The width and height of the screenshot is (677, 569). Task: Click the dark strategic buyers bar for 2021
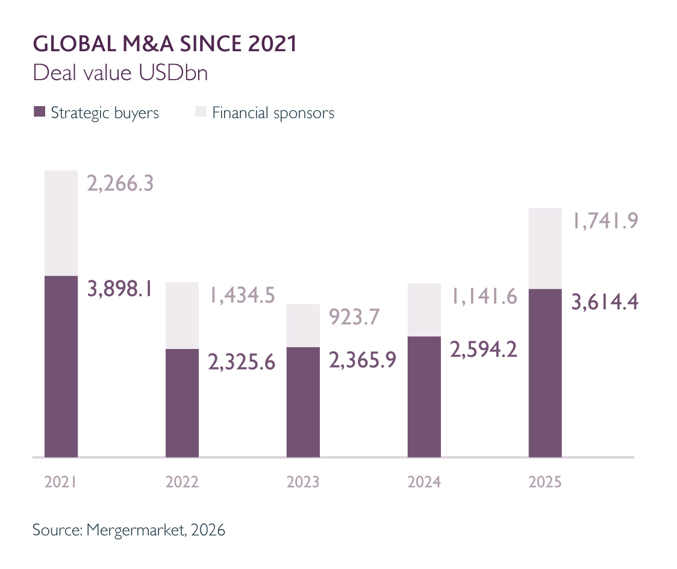61,366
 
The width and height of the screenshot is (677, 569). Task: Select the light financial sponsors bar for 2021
61,223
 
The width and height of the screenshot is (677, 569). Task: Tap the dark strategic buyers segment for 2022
182,403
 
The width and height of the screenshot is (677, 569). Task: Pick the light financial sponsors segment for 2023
303,325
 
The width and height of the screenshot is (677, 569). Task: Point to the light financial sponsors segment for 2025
544,248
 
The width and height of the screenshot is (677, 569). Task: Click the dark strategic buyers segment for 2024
424,397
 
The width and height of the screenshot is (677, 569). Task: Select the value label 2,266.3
120,183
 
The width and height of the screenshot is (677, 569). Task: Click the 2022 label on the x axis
182,482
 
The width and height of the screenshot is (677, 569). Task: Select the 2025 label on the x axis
544,482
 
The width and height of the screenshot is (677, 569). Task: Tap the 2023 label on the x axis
303,482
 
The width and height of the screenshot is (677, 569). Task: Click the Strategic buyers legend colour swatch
40,112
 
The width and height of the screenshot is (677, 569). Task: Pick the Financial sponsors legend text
273,113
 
